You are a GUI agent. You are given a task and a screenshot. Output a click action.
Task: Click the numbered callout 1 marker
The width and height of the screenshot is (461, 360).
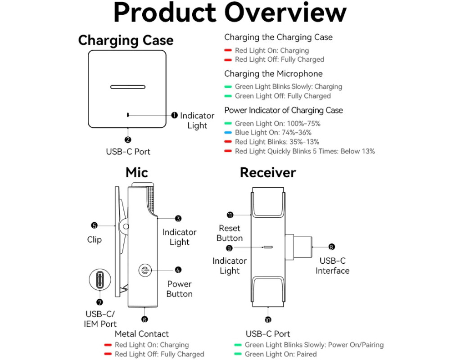[174, 115]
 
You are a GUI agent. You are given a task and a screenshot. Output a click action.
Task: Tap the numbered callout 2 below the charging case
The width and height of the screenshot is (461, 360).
[128, 140]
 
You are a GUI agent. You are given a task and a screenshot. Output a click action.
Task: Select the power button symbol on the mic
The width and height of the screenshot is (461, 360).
[145, 270]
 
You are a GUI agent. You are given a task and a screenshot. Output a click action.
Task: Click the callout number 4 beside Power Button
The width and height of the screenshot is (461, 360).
[178, 270]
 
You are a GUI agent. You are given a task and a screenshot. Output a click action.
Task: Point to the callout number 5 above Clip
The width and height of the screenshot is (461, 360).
[95, 225]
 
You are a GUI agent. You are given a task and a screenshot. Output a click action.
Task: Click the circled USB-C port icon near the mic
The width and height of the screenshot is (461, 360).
[100, 279]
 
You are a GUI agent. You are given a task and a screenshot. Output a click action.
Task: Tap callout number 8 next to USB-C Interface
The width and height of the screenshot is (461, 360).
[332, 247]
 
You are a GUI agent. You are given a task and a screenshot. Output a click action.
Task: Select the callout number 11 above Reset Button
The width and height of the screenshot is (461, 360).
[230, 215]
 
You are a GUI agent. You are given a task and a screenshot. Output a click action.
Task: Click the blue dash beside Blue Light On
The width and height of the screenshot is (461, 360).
[228, 133]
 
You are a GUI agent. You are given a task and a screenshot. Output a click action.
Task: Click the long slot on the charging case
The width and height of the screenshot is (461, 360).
[128, 87]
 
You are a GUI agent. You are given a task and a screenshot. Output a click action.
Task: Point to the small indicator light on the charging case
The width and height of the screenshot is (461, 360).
[128, 115]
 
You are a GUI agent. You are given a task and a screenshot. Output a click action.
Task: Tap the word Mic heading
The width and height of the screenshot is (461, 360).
[137, 172]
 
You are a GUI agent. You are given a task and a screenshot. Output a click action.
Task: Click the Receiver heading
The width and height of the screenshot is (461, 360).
[268, 172]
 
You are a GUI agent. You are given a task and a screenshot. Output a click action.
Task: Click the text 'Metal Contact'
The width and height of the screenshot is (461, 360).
[142, 334]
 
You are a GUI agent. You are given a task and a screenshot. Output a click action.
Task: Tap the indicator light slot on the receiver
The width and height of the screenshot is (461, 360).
[268, 247]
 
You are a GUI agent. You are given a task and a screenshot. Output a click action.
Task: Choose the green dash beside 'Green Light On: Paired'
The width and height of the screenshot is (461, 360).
[238, 354]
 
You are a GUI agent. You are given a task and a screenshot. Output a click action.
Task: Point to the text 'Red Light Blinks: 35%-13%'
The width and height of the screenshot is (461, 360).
[277, 142]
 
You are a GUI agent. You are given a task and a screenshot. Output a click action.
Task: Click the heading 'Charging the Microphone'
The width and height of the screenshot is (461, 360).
[273, 74]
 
